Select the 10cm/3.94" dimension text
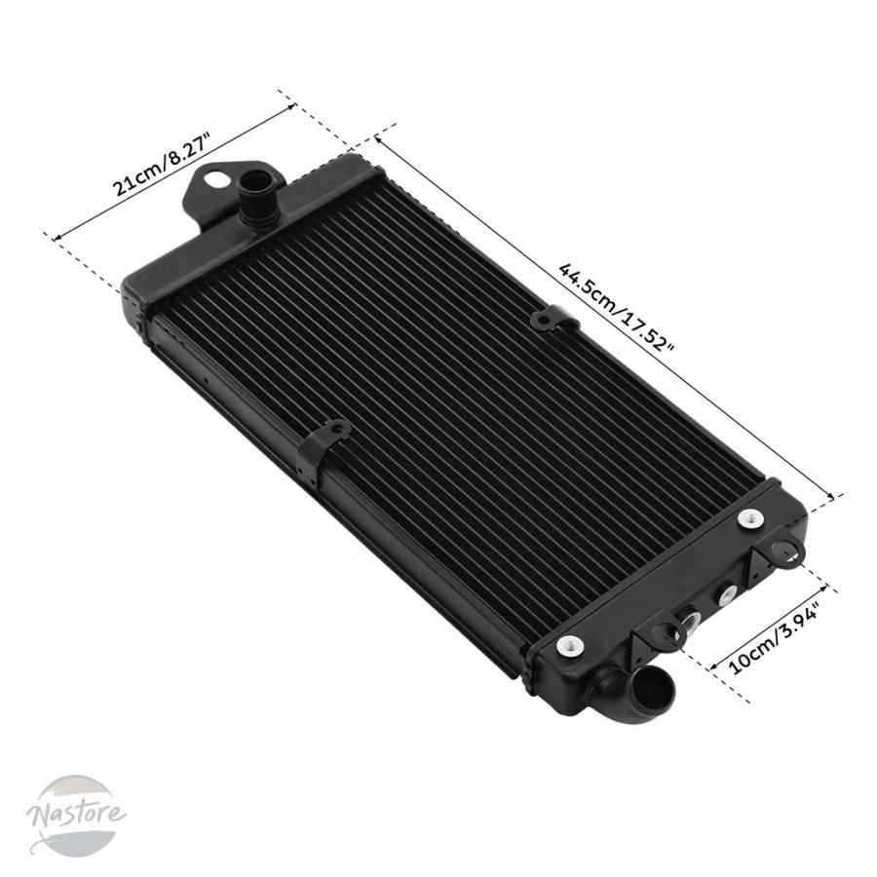tap(774, 638)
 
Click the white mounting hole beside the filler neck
tap(217, 180)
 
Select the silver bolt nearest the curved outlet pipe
tap(570, 647)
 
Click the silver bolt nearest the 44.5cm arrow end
tap(750, 519)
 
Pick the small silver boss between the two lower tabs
tap(728, 594)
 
